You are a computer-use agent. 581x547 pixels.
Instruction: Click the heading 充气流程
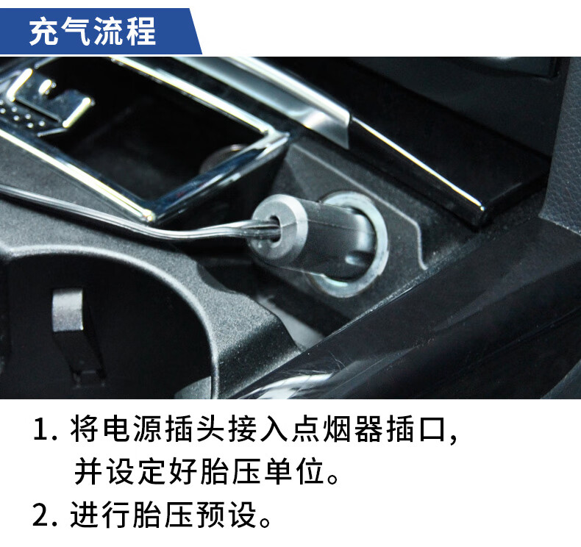point(93,31)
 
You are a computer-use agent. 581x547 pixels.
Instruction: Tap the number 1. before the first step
point(45,429)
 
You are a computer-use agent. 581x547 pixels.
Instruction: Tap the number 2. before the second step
point(45,515)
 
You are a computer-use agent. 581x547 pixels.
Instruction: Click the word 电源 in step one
point(118,429)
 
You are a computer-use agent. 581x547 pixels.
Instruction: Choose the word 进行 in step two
point(100,515)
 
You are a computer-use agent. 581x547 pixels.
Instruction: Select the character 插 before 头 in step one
point(180,429)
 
